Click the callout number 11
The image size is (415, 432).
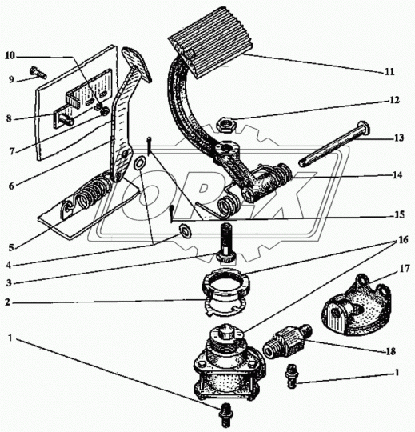click(389, 72)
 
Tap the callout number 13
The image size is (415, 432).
click(399, 138)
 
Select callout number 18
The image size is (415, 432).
click(391, 351)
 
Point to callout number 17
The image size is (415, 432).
click(405, 269)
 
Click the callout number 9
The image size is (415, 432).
click(11, 80)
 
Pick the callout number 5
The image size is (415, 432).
click(11, 247)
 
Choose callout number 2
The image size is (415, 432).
click(8, 302)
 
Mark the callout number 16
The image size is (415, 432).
click(403, 240)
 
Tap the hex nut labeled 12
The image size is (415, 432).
click(225, 125)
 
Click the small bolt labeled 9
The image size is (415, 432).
click(38, 72)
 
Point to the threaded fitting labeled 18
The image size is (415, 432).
click(287, 341)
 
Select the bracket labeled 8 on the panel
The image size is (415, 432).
click(64, 119)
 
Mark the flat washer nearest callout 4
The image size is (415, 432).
click(186, 231)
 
